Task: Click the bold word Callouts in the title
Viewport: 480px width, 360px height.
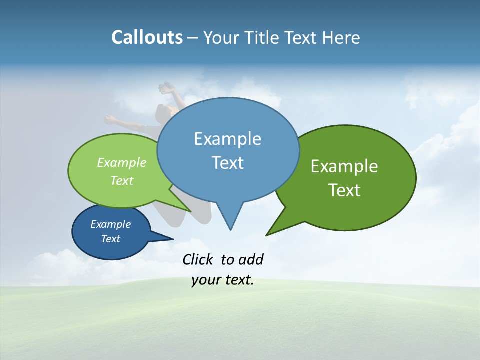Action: tap(147, 37)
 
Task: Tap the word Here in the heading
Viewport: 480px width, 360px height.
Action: tap(341, 38)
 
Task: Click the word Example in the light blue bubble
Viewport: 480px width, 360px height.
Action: tap(227, 139)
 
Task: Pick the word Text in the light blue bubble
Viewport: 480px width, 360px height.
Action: tap(227, 163)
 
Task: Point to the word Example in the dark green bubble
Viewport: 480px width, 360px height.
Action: tap(344, 166)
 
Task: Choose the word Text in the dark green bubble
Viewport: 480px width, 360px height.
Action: tap(344, 190)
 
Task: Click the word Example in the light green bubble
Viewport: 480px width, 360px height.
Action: tap(122, 163)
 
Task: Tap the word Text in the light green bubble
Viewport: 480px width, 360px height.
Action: tap(122, 181)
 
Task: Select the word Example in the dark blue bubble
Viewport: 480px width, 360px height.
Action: tap(111, 224)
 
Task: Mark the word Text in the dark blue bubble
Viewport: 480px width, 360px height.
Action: tap(111, 239)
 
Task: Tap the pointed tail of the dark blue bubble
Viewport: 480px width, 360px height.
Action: tap(167, 238)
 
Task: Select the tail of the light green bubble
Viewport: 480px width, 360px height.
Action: tap(185, 207)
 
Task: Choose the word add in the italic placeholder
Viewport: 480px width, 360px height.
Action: tap(251, 260)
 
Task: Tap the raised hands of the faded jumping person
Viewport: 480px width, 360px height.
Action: tap(166, 88)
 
